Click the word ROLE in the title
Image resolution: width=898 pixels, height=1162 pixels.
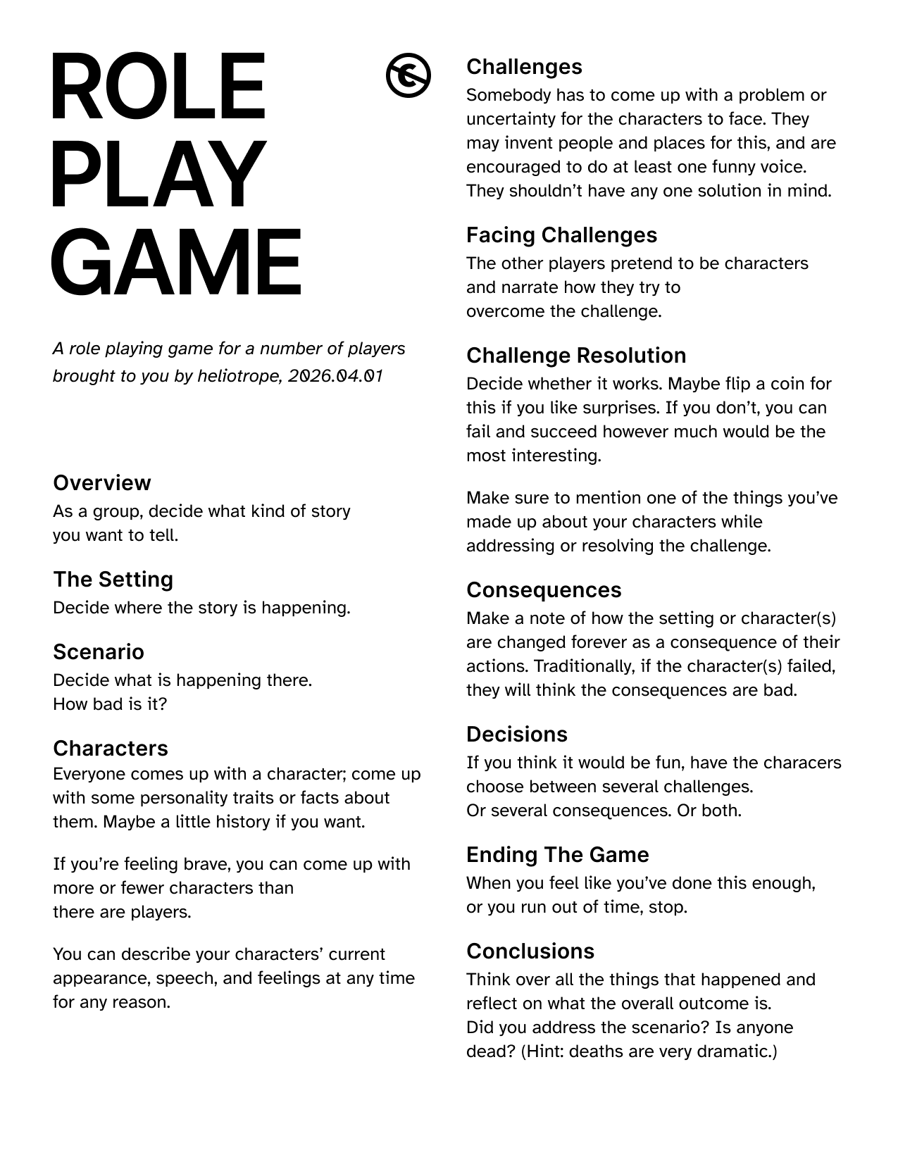coord(158,87)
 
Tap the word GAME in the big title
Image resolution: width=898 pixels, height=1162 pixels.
coord(176,262)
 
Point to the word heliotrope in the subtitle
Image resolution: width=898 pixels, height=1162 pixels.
coord(239,376)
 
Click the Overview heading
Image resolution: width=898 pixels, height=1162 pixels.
coord(101,482)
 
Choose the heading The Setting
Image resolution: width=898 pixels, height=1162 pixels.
coord(113,579)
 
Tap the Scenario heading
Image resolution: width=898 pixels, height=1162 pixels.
coord(99,651)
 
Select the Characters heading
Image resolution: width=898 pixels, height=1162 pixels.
coord(111,748)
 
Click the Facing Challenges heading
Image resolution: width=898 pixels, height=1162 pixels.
coord(561,235)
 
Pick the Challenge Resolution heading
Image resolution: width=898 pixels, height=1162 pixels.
coord(576,355)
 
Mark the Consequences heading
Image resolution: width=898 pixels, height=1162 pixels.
coord(544,589)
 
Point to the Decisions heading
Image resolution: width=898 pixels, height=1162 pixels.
coord(517,734)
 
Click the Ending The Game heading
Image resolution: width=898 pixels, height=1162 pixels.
coord(558,854)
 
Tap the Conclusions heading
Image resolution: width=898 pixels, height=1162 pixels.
coord(530,951)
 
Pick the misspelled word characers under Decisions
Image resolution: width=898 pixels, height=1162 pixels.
coord(803,763)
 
